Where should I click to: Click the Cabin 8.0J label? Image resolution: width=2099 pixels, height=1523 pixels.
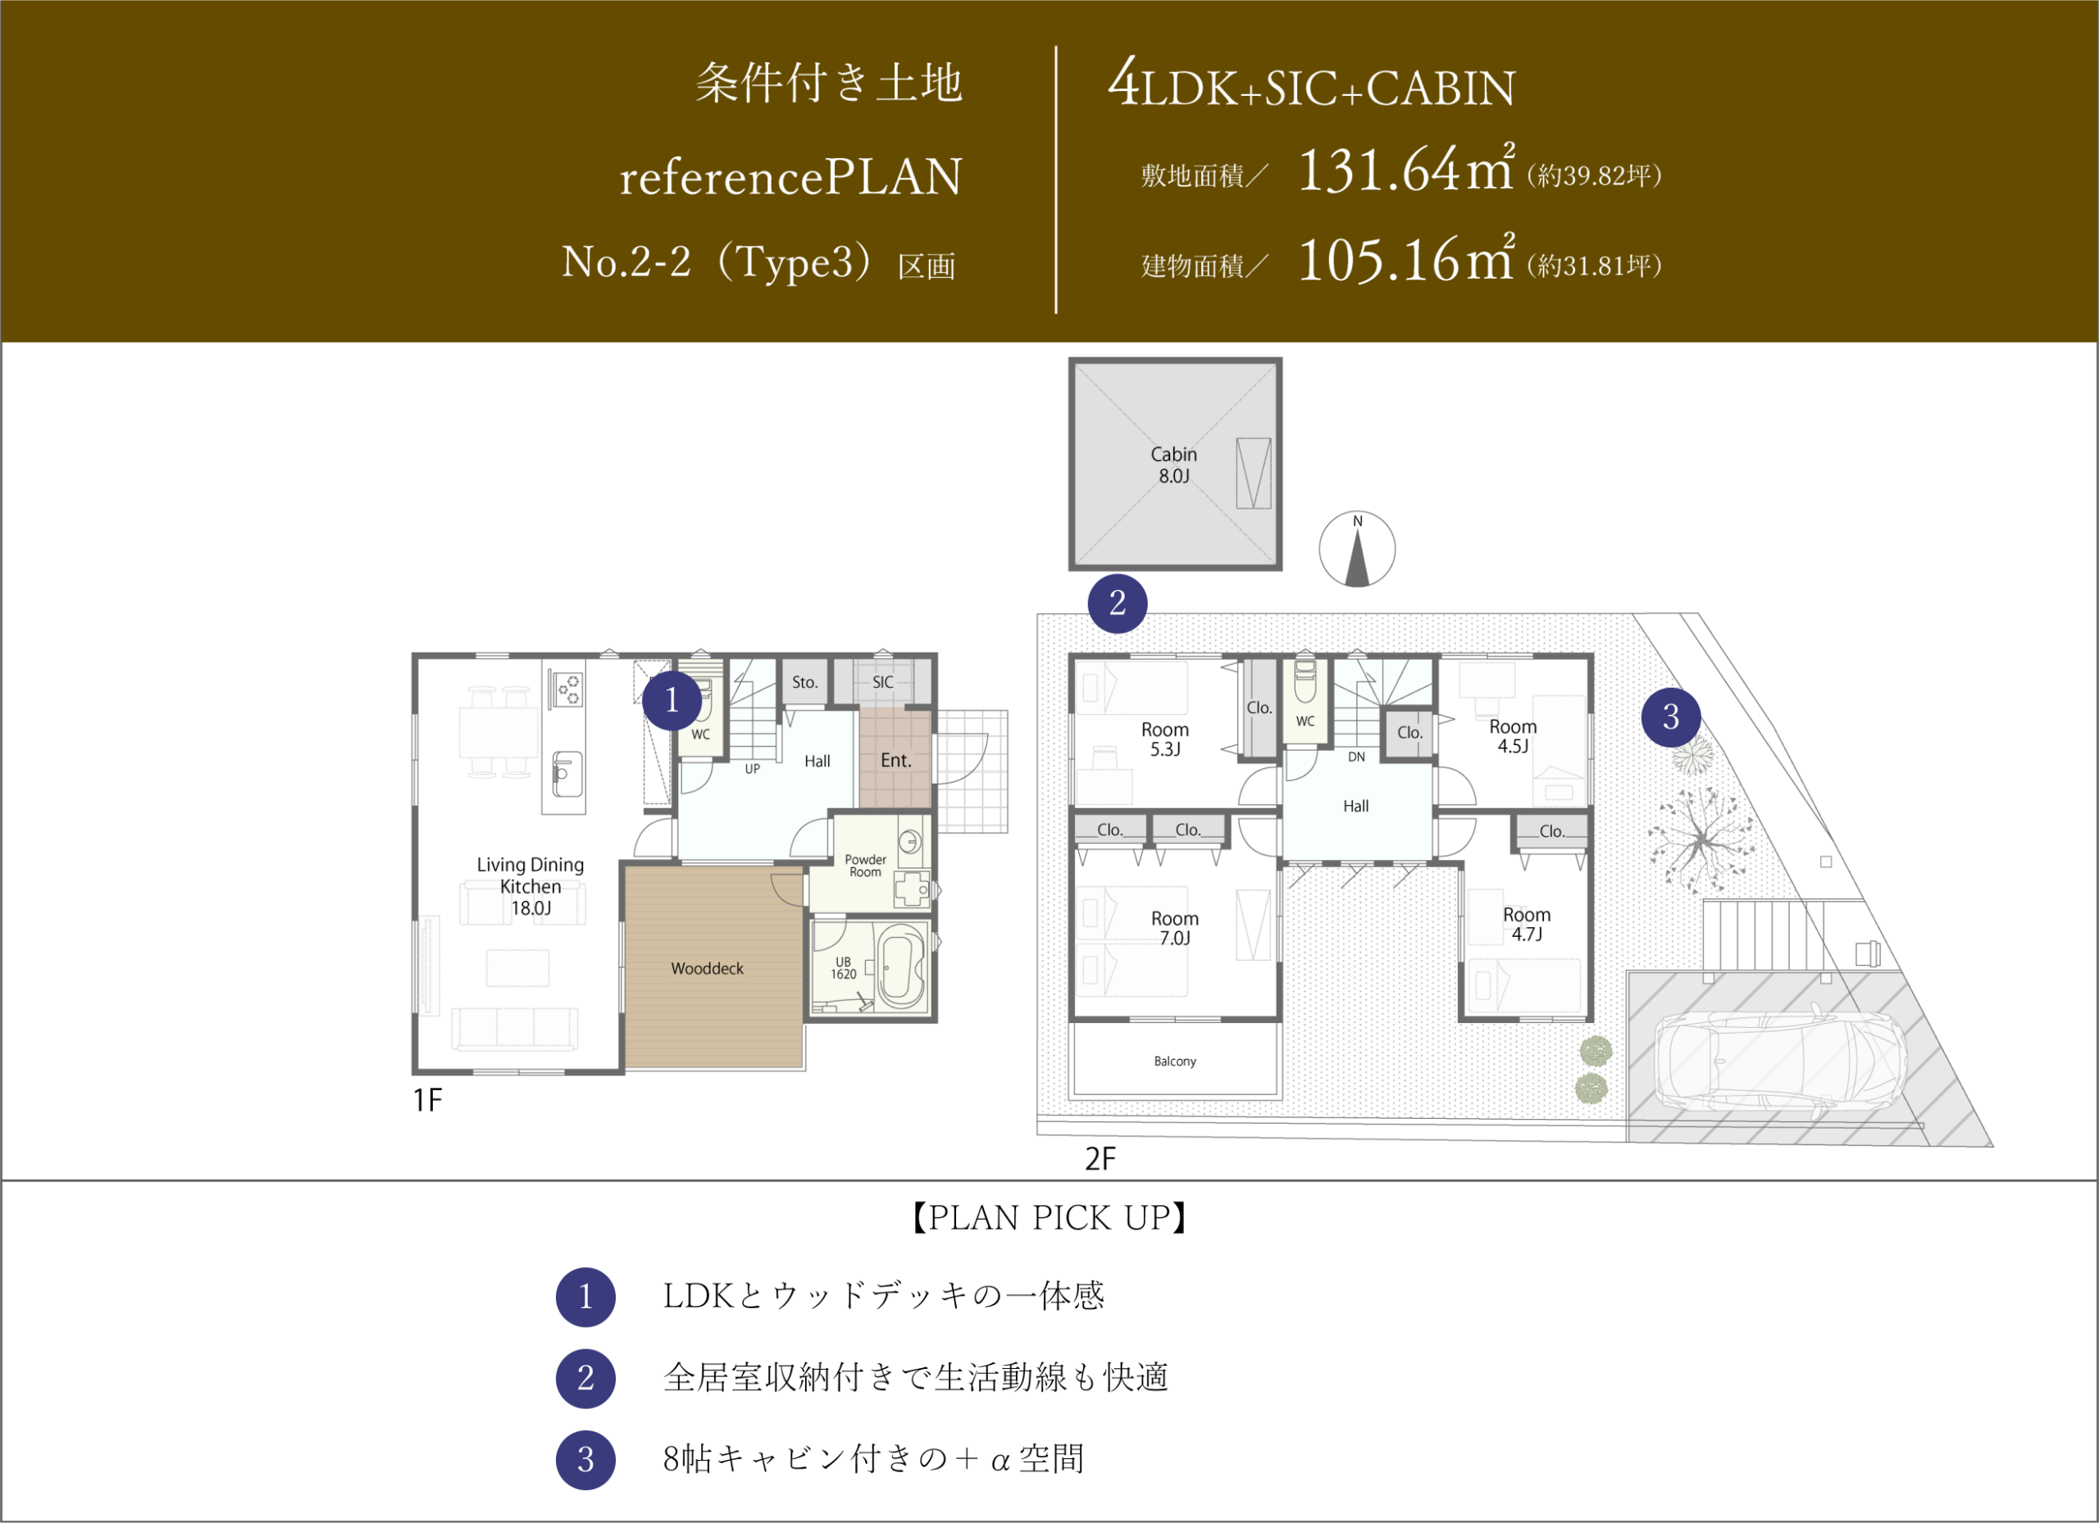coord(1173,466)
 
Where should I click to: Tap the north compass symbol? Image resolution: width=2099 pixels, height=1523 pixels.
coord(1357,548)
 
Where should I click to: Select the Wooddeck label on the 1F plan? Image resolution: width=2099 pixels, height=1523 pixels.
coord(707,969)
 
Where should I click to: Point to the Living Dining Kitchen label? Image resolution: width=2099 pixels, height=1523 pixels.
coord(530,886)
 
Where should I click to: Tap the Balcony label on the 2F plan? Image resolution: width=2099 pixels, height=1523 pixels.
coord(1174,1062)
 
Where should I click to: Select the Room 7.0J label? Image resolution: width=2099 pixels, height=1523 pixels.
coord(1174,928)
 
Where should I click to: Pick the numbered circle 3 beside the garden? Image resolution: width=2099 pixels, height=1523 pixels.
coord(1670,717)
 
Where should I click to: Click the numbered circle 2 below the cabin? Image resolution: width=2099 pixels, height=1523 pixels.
coord(1117,603)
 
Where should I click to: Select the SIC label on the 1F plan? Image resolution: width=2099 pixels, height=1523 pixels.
coord(883,682)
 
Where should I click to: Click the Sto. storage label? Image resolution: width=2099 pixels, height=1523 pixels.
coord(804,683)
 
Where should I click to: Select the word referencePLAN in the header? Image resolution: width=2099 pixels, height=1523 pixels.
coord(791,177)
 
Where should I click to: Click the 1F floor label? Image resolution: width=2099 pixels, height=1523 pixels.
coord(427,1100)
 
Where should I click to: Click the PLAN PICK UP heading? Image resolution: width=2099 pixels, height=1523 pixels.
coord(1049,1217)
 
